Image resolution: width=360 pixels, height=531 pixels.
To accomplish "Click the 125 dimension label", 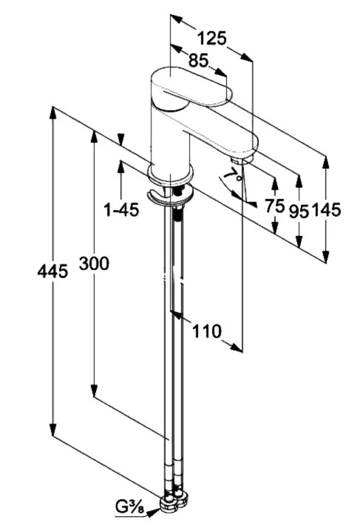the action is (x=212, y=38).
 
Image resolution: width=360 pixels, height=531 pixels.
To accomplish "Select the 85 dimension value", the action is (x=199, y=61).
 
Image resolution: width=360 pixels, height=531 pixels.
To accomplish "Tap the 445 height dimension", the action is (x=53, y=272).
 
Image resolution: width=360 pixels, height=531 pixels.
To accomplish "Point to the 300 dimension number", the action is (x=95, y=263).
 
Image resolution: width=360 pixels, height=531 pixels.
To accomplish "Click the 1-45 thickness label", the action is (x=121, y=210).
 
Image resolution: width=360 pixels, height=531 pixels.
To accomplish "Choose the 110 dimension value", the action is (x=207, y=331).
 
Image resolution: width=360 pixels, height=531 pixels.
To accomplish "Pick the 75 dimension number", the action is (x=275, y=206).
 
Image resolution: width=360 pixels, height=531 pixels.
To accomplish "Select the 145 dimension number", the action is (x=326, y=210).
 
